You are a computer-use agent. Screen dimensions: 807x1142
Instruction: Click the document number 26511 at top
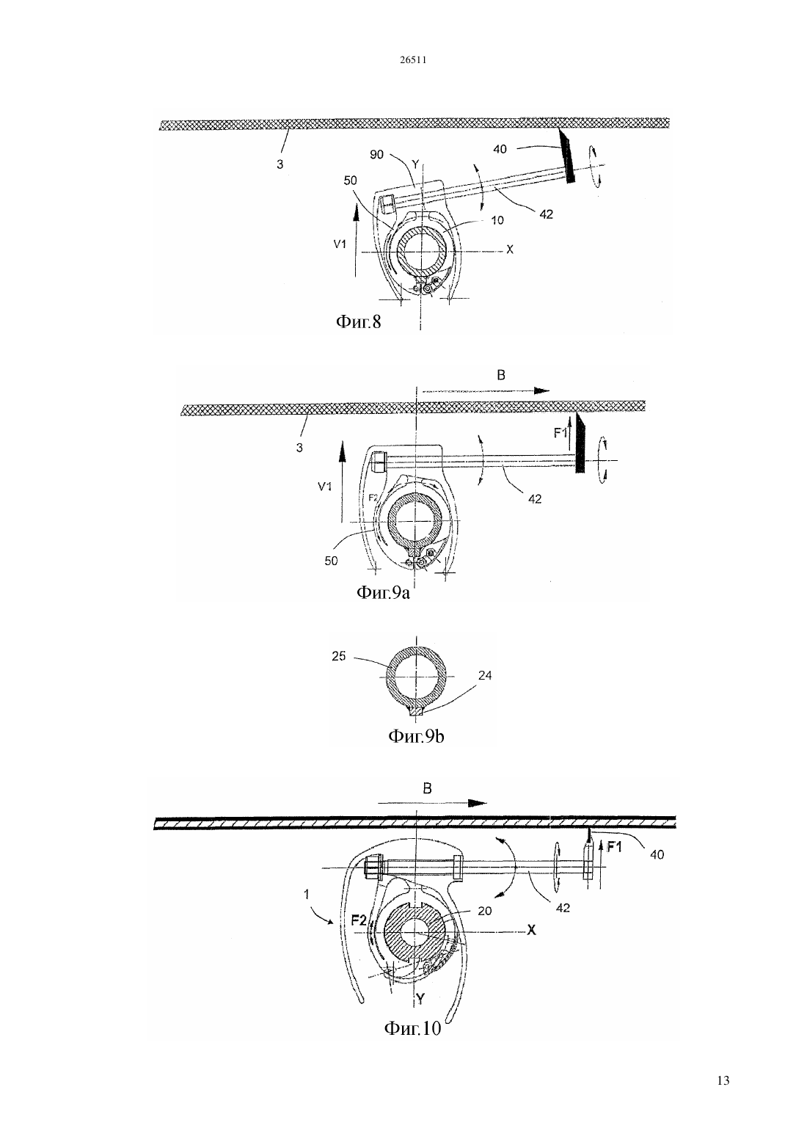pos(412,59)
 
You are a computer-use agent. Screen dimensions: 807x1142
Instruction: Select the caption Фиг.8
pos(358,321)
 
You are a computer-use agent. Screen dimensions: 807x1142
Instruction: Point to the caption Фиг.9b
pos(416,736)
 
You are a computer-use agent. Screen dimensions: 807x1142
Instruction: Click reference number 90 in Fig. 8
pos(376,154)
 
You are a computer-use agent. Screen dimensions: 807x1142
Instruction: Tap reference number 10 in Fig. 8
pos(497,220)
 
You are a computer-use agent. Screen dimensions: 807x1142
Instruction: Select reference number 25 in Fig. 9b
pos(339,656)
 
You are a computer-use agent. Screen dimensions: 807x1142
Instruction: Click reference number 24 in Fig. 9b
pos(485,675)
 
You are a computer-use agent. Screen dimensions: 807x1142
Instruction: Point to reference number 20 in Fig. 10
pos(485,911)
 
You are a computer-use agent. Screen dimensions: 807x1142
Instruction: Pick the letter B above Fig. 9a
pos(501,375)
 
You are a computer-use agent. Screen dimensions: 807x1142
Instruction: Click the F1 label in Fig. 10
pos(615,848)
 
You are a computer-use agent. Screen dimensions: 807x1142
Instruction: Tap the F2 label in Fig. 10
pos(359,920)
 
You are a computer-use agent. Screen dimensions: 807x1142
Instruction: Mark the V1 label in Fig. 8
pos(340,244)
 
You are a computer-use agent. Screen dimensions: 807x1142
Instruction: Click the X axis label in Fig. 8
pos(509,250)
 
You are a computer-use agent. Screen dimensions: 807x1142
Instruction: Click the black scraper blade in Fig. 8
pos(567,156)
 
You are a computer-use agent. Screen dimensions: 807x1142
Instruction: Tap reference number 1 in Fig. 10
pos(306,894)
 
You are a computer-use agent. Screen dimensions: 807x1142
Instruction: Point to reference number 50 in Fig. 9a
pos(331,561)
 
